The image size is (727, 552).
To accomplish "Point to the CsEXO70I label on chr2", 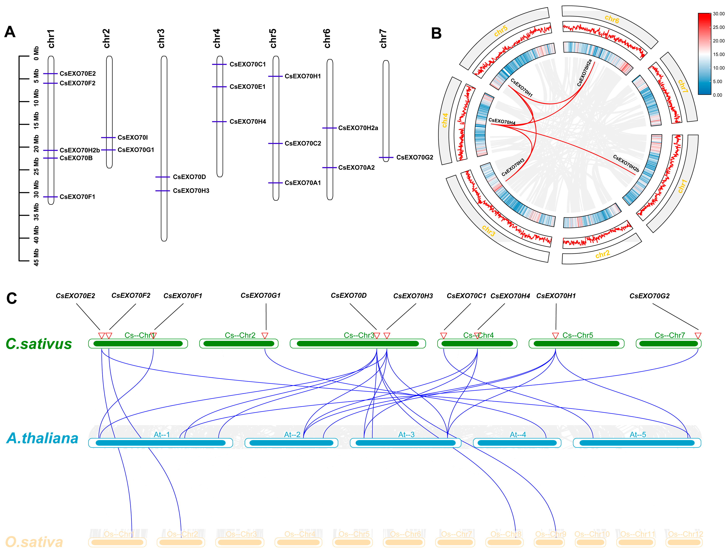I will point(133,138).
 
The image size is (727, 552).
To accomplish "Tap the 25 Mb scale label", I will point(36,166).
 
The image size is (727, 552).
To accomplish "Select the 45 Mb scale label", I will point(36,257).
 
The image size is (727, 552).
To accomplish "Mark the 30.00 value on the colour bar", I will point(718,14).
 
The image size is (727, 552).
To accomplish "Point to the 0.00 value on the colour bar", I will point(717,95).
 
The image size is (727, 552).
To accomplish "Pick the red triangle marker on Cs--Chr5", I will point(555,336).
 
